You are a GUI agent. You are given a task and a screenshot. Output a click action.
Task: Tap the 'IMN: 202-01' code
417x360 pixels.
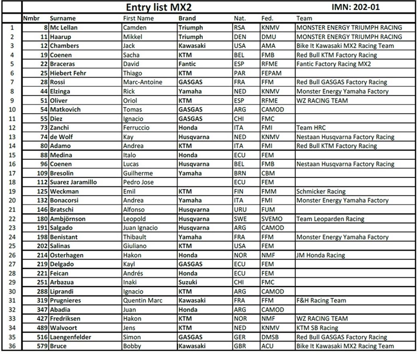[355, 7]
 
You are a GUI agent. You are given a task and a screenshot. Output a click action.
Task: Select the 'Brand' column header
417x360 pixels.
[187, 18]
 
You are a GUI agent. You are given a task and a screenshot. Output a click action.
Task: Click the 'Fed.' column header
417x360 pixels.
[267, 18]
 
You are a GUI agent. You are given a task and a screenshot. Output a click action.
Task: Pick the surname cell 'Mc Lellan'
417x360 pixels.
[64, 28]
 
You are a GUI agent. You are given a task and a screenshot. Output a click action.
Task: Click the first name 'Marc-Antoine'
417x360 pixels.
[142, 82]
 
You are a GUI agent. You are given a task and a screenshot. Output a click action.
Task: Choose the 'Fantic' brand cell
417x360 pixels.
[187, 64]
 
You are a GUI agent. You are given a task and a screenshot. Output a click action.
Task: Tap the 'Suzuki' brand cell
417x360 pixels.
[188, 282]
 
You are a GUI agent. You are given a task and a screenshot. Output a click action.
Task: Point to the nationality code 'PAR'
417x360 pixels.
[239, 73]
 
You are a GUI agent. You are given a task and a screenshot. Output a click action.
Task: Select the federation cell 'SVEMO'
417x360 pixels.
[272, 219]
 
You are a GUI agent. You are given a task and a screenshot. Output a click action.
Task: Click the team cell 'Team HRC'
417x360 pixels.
[311, 128]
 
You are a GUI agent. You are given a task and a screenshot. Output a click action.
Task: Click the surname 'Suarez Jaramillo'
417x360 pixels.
[73, 182]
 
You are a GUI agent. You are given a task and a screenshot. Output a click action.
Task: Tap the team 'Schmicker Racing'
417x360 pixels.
[321, 191]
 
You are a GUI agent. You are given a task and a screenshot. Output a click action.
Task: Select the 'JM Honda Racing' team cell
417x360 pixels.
[320, 255]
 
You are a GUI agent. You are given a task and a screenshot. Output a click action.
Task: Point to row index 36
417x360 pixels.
[12, 346]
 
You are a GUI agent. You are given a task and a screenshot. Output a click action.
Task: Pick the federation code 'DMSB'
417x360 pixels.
[270, 337]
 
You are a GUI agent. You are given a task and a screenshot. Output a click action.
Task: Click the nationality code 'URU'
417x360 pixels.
[239, 210]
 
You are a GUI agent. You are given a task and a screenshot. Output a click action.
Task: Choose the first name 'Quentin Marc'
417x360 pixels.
[142, 300]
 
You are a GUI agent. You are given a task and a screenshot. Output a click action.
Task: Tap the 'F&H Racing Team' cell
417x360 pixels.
[321, 300]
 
